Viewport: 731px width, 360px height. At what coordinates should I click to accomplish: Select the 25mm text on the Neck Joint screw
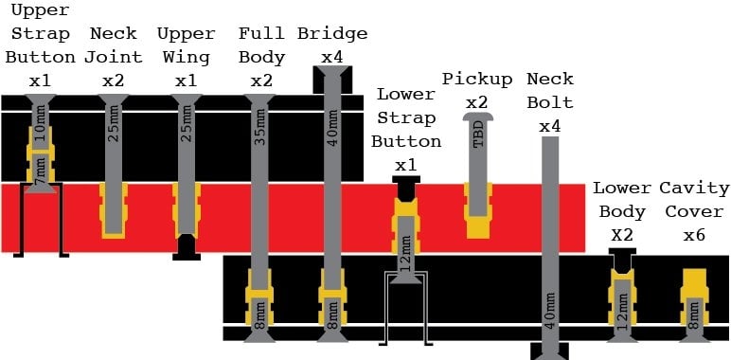tap(114, 127)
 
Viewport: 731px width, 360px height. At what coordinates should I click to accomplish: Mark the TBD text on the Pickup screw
tap(478, 136)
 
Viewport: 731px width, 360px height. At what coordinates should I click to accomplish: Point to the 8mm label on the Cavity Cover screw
tap(695, 316)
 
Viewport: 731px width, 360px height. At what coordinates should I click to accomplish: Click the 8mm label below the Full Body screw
tap(259, 316)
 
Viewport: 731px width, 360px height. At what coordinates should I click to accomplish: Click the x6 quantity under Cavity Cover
tap(694, 236)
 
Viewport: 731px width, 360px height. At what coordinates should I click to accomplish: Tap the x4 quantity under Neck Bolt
tap(550, 126)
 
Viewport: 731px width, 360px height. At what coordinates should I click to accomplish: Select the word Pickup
tap(477, 79)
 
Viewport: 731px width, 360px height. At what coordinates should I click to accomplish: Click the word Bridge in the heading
tap(332, 33)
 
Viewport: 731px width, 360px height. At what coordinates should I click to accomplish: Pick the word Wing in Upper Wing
tap(186, 58)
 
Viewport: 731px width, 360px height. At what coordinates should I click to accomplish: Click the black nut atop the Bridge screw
tap(332, 80)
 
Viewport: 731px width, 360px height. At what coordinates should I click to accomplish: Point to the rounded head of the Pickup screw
tap(478, 117)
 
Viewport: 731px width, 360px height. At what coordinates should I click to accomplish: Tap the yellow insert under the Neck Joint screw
tap(114, 210)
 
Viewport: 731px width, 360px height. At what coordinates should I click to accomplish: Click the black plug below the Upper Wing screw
tap(187, 247)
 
